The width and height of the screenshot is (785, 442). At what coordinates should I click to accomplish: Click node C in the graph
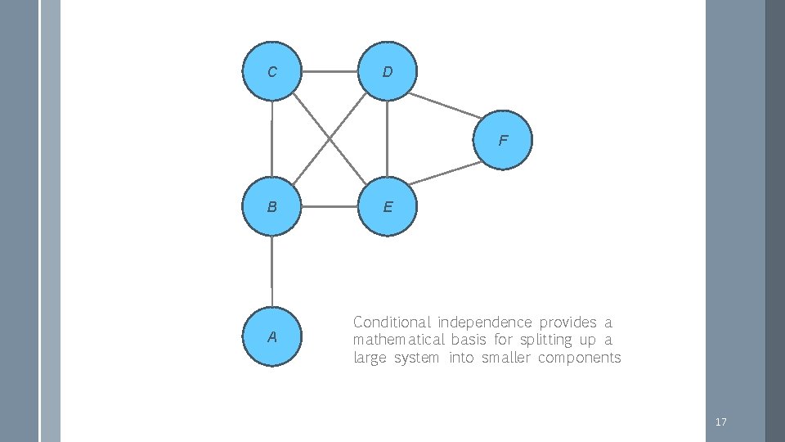click(x=271, y=72)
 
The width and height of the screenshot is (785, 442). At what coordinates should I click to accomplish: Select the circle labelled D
click(x=387, y=72)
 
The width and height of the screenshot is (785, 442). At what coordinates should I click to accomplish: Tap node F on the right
click(x=502, y=140)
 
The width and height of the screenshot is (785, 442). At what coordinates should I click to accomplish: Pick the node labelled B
click(x=271, y=206)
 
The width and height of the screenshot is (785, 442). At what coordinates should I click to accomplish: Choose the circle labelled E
click(x=387, y=206)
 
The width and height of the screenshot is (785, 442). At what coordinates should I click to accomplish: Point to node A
click(x=271, y=336)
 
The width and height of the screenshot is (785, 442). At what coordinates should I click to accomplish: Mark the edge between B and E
click(x=330, y=206)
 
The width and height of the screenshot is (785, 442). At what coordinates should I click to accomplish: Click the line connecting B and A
click(x=271, y=271)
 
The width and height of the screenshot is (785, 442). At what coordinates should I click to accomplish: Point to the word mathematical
click(x=399, y=340)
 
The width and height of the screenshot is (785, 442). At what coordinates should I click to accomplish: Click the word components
click(x=579, y=358)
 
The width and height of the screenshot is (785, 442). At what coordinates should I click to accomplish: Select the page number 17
click(x=720, y=422)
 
